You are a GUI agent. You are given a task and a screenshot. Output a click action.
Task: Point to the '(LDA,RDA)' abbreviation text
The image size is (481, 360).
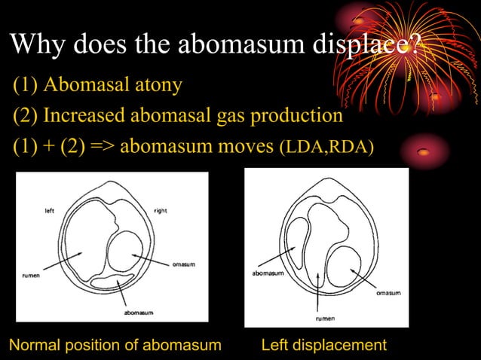click(x=326, y=146)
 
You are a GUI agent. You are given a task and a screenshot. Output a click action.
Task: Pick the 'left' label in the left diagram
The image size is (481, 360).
click(x=47, y=211)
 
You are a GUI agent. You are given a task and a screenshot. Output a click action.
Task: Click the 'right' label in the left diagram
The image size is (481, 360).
click(x=159, y=211)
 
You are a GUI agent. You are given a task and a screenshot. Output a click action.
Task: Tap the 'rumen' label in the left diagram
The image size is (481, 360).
click(x=29, y=276)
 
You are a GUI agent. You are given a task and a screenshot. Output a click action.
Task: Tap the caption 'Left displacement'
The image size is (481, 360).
click(x=323, y=345)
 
